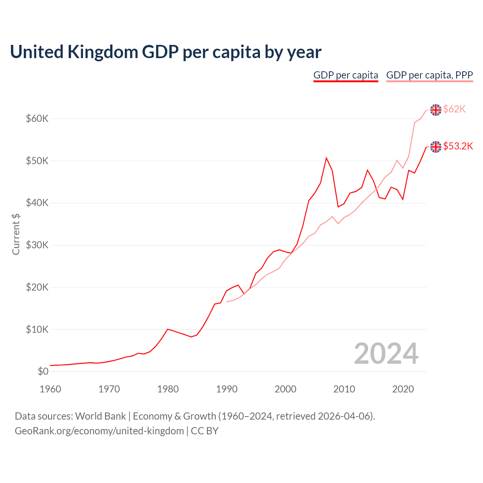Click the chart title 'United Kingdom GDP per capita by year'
click(x=166, y=52)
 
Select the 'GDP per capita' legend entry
click(x=346, y=75)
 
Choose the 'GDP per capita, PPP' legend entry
click(x=429, y=75)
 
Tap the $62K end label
click(x=454, y=109)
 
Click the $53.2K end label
click(x=458, y=146)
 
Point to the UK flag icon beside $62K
click(x=436, y=110)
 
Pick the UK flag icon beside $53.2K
click(x=436, y=147)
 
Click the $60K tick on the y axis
click(x=37, y=119)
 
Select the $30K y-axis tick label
click(x=37, y=245)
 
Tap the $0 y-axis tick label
click(x=43, y=372)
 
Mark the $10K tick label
click(x=37, y=329)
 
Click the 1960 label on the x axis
click(x=50, y=389)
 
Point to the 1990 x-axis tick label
click(x=227, y=389)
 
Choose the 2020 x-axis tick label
click(x=403, y=389)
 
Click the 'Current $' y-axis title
click(x=16, y=234)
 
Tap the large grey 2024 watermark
click(x=386, y=354)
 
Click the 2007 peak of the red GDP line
click(x=326, y=158)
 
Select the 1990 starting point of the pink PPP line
click(x=227, y=301)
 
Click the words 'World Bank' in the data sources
click(x=100, y=416)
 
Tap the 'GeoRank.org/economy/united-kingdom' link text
click(x=99, y=431)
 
